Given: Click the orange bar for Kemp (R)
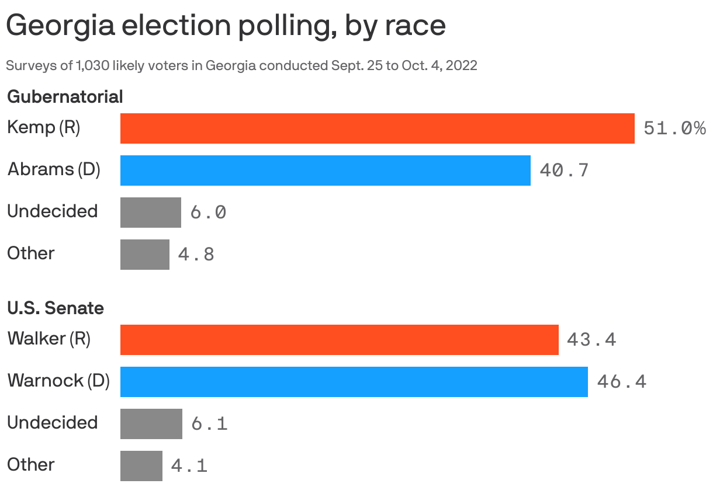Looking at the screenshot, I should tap(377, 128).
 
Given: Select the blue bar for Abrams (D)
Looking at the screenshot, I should tap(325, 171).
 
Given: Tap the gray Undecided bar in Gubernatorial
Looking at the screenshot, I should tap(150, 213).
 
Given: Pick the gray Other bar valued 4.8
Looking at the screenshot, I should tap(144, 255).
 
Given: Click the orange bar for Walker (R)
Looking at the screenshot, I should tap(339, 340).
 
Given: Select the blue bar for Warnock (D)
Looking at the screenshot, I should tap(354, 382).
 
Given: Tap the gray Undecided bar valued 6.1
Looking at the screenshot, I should tap(151, 424).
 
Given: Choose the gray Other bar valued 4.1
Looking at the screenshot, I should tap(141, 466).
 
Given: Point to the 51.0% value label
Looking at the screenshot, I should tap(674, 128).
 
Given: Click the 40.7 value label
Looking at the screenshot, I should tap(564, 171).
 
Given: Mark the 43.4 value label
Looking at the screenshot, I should tap(591, 340).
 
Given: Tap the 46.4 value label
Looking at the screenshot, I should tap(621, 382).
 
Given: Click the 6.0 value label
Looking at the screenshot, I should tap(208, 213).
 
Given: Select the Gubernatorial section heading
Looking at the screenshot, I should tap(65, 97).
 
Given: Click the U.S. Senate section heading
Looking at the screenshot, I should tap(56, 308).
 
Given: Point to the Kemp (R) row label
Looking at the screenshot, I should tap(43, 128).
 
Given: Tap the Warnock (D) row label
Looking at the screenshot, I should tap(58, 381).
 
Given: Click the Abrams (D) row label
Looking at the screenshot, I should tap(54, 170).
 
